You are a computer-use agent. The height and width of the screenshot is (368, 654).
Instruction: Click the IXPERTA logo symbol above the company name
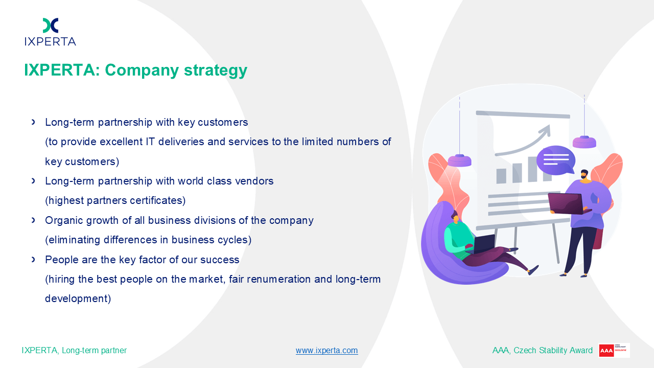click(51, 25)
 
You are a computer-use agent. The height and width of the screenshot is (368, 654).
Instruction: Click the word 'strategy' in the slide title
click(216, 71)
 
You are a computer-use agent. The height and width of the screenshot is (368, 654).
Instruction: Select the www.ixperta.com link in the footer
click(326, 350)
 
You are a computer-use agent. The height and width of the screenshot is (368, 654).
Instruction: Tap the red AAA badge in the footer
click(606, 351)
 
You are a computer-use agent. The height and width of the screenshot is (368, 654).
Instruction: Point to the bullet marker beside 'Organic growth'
click(33, 220)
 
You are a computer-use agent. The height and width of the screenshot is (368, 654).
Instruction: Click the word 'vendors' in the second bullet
click(254, 181)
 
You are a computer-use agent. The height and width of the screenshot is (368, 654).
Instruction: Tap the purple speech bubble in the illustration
click(556, 160)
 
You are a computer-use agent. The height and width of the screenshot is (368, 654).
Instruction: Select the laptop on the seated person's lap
click(483, 244)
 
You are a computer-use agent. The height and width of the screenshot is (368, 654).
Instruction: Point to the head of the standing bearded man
click(584, 174)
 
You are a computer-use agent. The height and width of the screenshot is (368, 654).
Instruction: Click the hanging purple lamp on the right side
click(584, 142)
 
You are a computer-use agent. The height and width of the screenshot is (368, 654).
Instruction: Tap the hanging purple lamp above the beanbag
click(459, 160)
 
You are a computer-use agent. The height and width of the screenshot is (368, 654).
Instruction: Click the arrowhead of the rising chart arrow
click(545, 130)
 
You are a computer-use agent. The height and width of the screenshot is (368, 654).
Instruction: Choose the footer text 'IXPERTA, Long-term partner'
click(74, 350)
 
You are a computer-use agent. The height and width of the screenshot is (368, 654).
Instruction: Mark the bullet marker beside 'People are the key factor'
click(33, 260)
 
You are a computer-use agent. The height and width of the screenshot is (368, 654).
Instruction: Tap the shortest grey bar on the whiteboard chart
click(501, 176)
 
